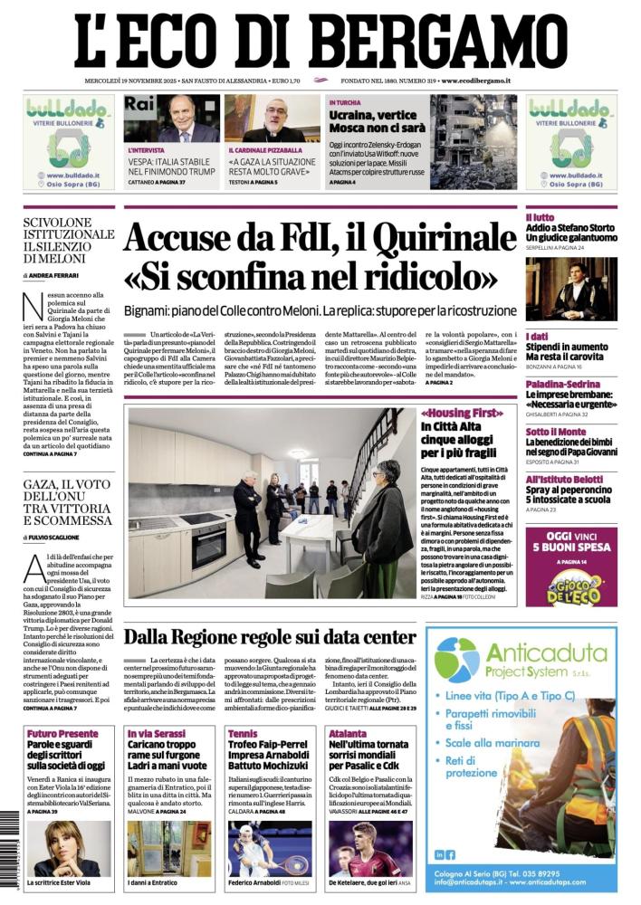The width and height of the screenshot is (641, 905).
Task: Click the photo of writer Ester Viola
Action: coord(68,848)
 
